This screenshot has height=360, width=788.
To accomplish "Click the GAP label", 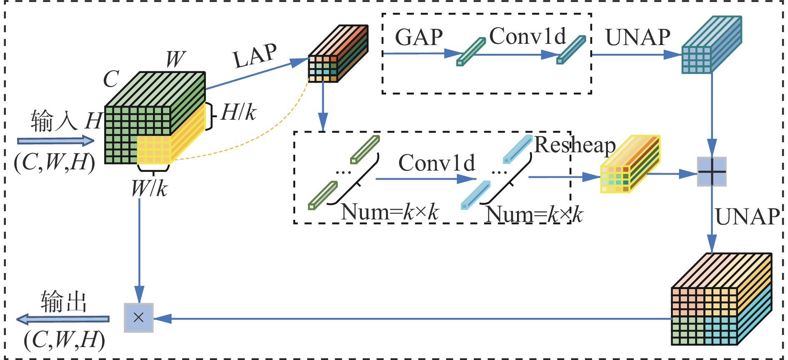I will pyautogui.click(x=419, y=38).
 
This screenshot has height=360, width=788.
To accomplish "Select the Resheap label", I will pyautogui.click(x=575, y=145).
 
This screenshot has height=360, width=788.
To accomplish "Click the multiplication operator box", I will pyautogui.click(x=139, y=318).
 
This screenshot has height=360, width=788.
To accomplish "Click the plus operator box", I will pyautogui.click(x=712, y=172).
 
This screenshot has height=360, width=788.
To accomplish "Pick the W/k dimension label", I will pyautogui.click(x=149, y=189).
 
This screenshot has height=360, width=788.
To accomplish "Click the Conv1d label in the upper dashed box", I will pyautogui.click(x=527, y=36).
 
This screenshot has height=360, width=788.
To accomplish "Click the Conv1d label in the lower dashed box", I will pyautogui.click(x=437, y=163).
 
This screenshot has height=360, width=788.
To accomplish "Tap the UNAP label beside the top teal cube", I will pyautogui.click(x=637, y=38).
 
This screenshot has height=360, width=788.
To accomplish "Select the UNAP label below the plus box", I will pyautogui.click(x=747, y=217).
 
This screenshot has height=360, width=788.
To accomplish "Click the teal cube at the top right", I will pyautogui.click(x=711, y=46).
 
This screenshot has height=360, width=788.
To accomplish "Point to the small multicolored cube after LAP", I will pyautogui.click(x=337, y=54).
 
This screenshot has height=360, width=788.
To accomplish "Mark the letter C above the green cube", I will pyautogui.click(x=111, y=79).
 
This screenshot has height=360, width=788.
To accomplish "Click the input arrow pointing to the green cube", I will pyautogui.click(x=56, y=141).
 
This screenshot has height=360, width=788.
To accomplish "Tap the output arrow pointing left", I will pyautogui.click(x=63, y=320).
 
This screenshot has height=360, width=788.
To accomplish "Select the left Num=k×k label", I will pyautogui.click(x=389, y=212).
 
